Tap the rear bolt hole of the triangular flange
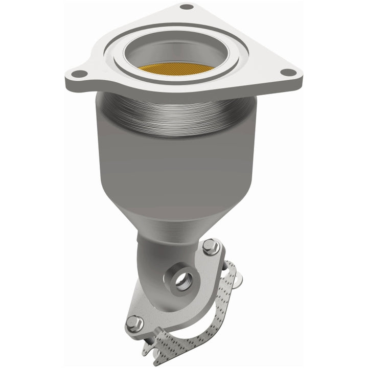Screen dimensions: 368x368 (x=187, y=7)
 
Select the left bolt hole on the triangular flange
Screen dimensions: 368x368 (x=78, y=74)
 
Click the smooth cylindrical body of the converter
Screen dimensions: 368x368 (x=174, y=164)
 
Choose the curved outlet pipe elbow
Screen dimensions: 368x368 (x=153, y=261)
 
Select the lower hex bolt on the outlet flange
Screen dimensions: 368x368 (x=133, y=321)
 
